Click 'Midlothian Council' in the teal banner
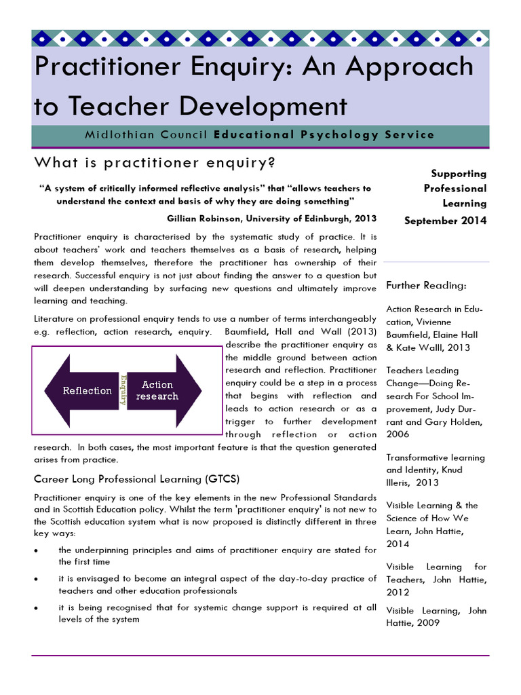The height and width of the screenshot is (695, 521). coord(146,134)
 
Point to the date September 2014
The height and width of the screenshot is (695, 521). coord(445,221)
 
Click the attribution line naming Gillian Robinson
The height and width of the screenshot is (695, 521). coord(271,218)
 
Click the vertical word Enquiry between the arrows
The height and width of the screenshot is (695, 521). coord(123,390)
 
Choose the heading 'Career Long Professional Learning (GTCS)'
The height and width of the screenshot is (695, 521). coord(137,478)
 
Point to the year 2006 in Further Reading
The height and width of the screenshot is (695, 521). coord(398,434)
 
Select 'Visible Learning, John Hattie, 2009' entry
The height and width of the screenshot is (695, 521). coord(436,616)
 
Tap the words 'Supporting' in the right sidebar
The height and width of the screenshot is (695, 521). coord(459,174)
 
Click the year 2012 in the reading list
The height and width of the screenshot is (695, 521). coord(398,592)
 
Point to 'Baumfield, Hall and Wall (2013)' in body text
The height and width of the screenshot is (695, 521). coord(301,332)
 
